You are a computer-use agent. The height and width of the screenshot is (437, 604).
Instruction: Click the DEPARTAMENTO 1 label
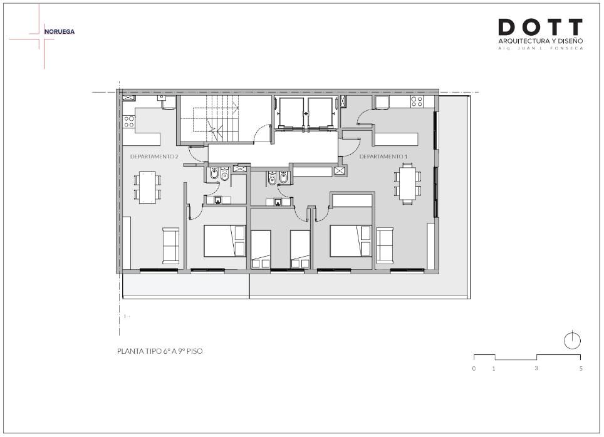click(x=383, y=157)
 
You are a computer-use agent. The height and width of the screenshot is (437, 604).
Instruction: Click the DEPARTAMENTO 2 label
click(x=154, y=157)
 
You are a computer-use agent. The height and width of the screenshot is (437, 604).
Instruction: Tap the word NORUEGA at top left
click(x=60, y=31)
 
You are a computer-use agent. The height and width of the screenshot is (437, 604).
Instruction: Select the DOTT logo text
click(x=541, y=27)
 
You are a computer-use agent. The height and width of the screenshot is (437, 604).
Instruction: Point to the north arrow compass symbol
click(x=573, y=341)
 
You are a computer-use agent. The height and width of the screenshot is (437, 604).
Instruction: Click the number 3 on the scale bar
click(x=536, y=369)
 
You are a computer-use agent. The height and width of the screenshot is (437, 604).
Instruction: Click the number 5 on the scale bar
click(x=581, y=369)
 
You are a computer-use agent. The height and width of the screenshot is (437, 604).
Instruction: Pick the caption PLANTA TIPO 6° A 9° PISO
click(x=160, y=351)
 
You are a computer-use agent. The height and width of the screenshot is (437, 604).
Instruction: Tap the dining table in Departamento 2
click(x=147, y=187)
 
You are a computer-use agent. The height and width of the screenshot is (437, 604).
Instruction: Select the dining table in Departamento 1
click(x=407, y=183)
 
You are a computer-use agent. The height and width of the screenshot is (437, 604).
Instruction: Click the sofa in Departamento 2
click(x=170, y=245)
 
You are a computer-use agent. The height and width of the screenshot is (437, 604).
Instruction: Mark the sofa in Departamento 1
click(x=385, y=245)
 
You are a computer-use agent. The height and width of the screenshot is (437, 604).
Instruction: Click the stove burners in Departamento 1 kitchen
click(x=417, y=101)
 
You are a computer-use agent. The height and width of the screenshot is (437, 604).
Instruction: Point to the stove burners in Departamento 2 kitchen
click(x=129, y=121)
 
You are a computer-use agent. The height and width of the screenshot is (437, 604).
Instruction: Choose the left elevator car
click(x=291, y=113)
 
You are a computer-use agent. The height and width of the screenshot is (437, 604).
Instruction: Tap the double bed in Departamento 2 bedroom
click(x=224, y=241)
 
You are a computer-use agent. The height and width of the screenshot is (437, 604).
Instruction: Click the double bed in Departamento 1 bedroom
click(x=351, y=241)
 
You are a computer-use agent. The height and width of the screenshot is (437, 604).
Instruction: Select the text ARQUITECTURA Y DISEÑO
click(x=541, y=41)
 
